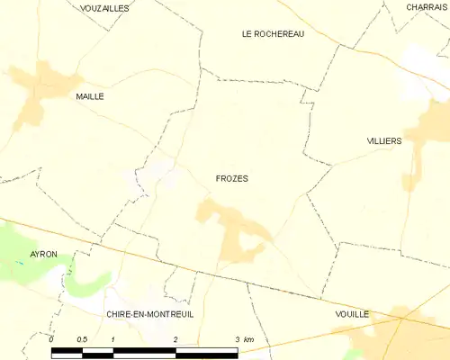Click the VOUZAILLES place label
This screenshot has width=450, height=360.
[x=104, y=7]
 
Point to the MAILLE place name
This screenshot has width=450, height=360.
[x=90, y=95]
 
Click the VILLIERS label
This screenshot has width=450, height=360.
[x=384, y=142]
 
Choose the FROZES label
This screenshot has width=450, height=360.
[x=232, y=178]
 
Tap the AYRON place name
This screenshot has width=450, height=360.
[x=43, y=255]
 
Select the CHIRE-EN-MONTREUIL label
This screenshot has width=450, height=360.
[x=149, y=314]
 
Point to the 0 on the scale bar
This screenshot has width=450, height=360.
[x=52, y=338]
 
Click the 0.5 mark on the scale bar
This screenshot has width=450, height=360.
[x=81, y=338]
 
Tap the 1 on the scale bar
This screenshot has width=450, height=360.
[x=113, y=338]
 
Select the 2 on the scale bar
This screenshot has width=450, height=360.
[x=175, y=338]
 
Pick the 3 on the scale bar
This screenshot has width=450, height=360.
[x=237, y=338]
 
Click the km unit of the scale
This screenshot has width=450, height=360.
[x=249, y=338]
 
